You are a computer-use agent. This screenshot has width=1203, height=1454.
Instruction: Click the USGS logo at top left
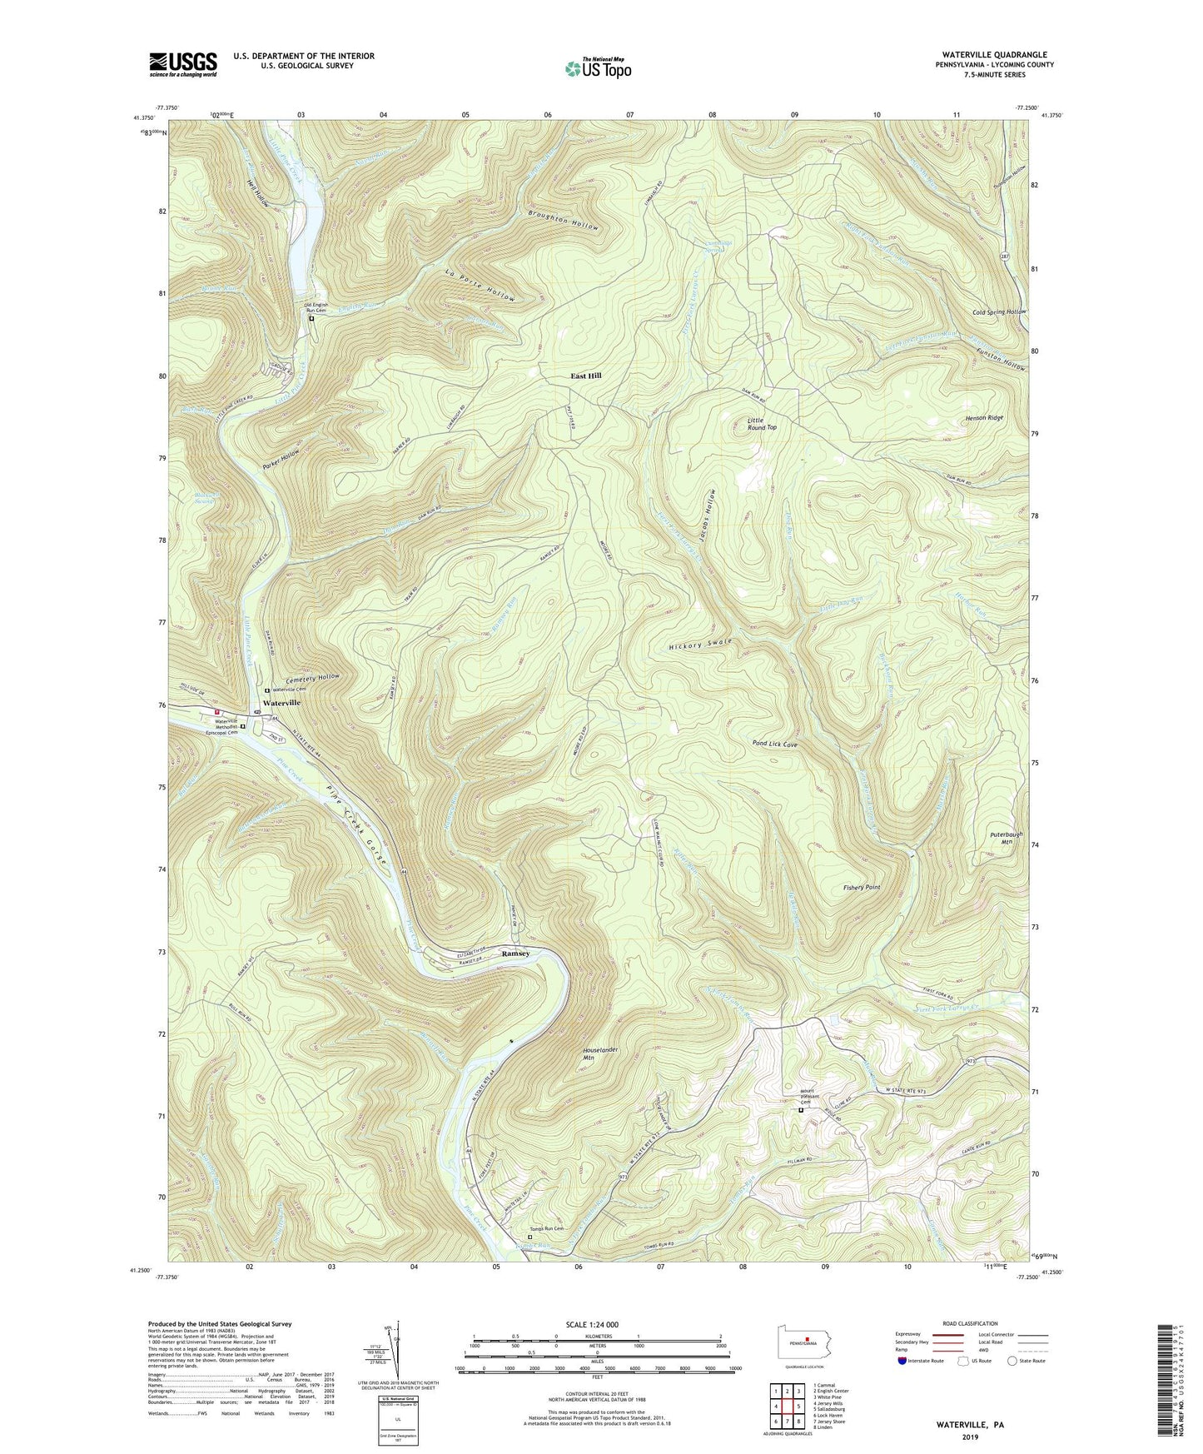(x=183, y=63)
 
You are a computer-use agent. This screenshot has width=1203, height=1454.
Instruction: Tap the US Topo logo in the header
(x=597, y=68)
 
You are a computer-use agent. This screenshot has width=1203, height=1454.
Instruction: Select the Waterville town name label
(x=281, y=703)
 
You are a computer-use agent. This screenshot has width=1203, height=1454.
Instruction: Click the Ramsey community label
(x=515, y=954)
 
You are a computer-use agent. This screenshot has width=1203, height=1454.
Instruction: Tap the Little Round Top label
(x=761, y=423)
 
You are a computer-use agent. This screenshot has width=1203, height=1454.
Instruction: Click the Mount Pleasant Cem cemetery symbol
(x=802, y=1110)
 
